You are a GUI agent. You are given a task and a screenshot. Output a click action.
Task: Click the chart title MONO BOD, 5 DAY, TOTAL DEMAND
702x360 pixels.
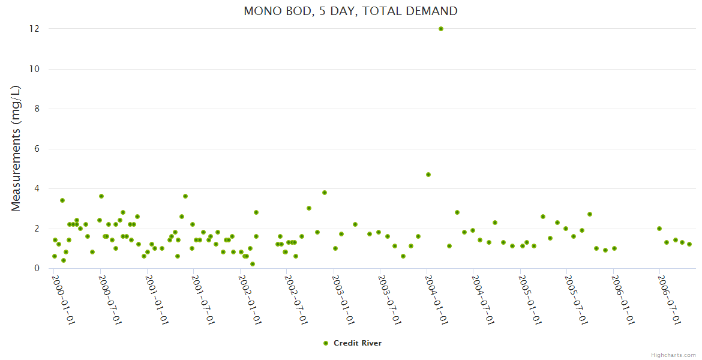point(350,11)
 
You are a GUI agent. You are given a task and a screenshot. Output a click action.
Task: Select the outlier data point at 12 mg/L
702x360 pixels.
point(441,29)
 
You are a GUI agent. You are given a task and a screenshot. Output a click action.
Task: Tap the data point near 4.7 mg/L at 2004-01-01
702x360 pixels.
point(428,175)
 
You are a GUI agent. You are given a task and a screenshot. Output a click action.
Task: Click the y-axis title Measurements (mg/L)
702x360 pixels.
point(16,148)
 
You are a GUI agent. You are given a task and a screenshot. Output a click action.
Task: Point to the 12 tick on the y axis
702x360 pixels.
point(35,29)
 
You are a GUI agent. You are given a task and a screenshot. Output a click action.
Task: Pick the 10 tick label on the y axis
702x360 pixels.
point(35,69)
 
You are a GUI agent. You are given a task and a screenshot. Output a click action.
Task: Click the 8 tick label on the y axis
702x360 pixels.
point(37,109)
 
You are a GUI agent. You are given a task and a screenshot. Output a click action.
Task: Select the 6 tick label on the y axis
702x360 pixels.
point(37,149)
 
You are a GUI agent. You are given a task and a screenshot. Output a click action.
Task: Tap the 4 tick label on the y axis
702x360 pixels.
point(37,188)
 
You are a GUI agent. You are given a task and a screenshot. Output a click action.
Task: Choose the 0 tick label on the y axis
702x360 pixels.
point(37,268)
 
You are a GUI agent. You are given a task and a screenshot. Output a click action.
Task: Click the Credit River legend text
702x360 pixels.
point(358,343)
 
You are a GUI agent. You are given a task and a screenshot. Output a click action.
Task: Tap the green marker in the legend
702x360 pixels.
point(326,343)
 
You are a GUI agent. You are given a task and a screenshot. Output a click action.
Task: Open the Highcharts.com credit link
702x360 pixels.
point(673,355)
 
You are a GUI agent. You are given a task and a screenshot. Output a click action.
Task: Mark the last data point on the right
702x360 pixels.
point(689,244)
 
